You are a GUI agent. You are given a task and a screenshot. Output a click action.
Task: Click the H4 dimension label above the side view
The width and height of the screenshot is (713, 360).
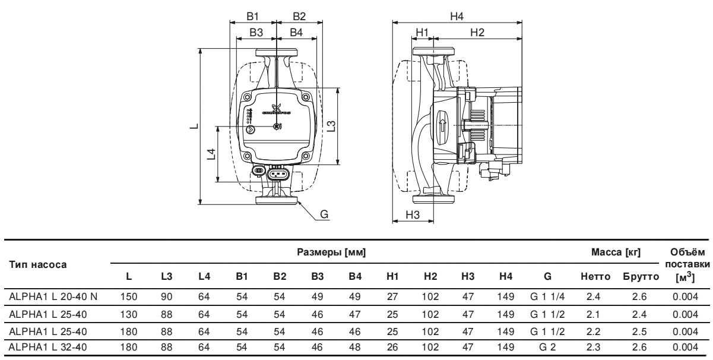457,16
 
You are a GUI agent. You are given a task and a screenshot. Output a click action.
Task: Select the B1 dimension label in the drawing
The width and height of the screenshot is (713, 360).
252,16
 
